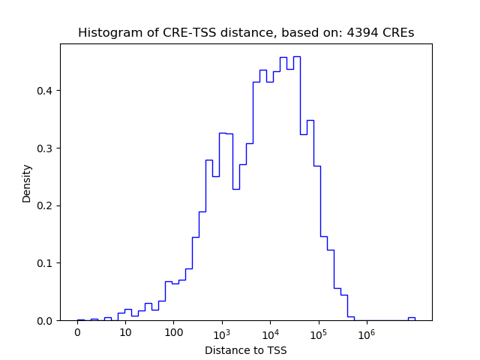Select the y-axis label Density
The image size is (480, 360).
click(x=27, y=184)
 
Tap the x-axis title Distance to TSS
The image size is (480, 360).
click(x=246, y=350)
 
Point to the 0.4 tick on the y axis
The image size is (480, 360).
click(x=46, y=91)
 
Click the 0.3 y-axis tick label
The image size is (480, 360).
click(x=46, y=148)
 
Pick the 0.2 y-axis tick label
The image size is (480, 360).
click(x=46, y=205)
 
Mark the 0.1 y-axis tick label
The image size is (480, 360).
click(x=46, y=263)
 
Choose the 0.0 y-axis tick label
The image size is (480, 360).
click(x=46, y=321)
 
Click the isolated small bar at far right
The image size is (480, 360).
click(x=411, y=319)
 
